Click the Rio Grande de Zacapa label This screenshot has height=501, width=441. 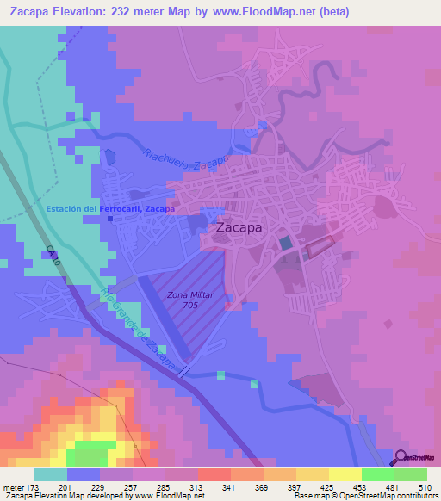(x=143, y=327)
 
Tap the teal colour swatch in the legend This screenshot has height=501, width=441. (x=51, y=474)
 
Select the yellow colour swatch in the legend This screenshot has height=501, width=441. (x=345, y=474)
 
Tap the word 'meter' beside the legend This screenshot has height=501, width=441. (x=13, y=487)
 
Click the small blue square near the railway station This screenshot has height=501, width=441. (x=110, y=218)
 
